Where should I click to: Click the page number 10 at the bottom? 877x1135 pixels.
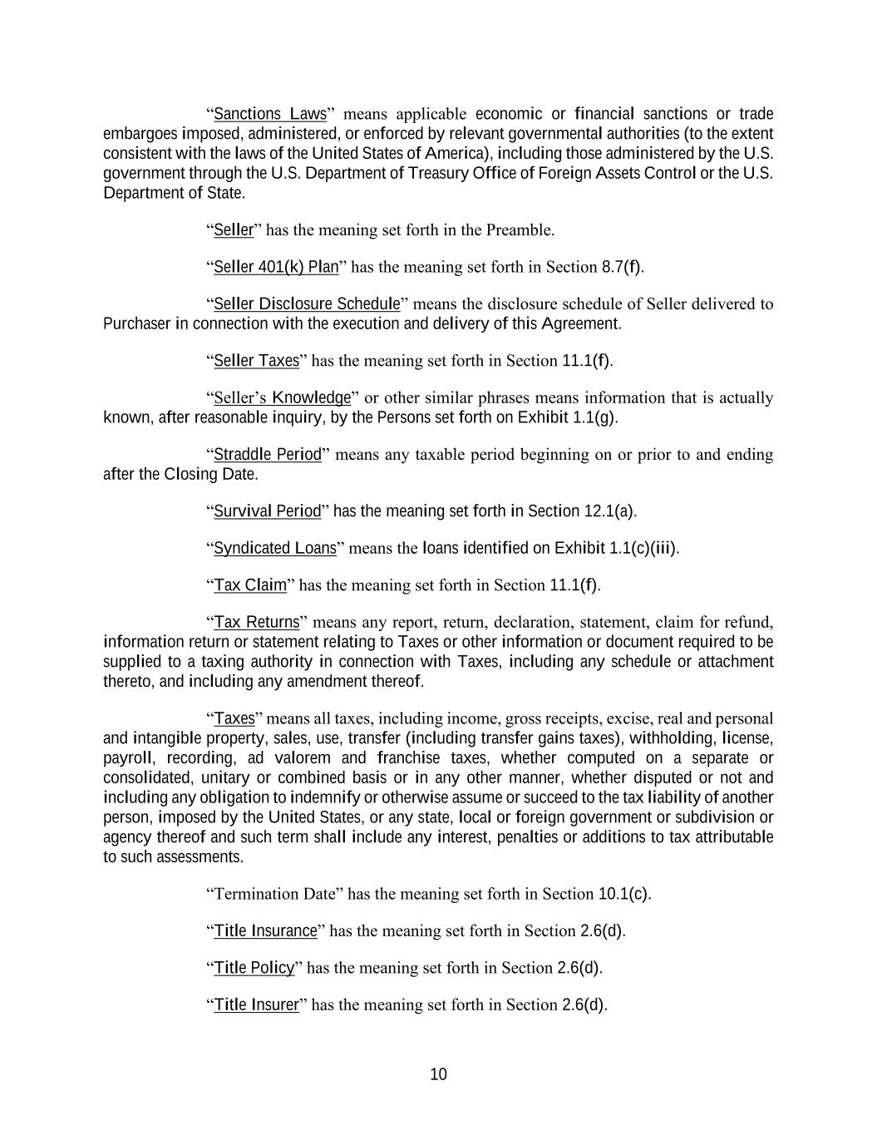438,1074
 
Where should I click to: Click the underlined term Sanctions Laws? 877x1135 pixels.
270,114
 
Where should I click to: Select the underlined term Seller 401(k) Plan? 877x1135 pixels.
276,267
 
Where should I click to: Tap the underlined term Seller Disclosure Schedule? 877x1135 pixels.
307,303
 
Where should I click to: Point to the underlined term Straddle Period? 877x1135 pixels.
268,455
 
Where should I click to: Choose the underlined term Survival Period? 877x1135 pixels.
267,511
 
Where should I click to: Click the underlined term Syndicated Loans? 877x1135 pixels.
275,549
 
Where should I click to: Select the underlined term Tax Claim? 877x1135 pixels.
250,585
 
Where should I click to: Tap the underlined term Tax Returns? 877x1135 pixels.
257,623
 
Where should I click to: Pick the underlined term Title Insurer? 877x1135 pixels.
256,1005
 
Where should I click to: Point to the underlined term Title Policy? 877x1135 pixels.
254,968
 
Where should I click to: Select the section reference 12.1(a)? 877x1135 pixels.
609,511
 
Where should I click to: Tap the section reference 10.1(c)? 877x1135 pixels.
623,894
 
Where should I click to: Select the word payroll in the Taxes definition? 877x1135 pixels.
127,758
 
